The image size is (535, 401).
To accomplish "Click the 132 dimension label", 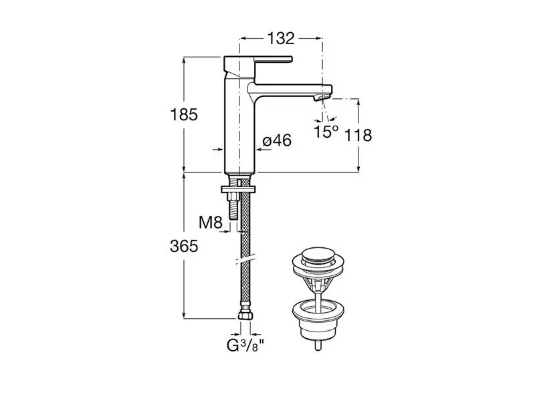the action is click(x=280, y=39).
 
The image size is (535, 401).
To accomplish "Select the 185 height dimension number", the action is click(x=184, y=114).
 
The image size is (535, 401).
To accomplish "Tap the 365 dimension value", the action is click(x=184, y=246).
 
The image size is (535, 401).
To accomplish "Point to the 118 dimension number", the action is click(x=358, y=136).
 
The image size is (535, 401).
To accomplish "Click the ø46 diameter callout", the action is click(x=277, y=140).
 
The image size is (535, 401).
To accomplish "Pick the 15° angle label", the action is click(x=326, y=132).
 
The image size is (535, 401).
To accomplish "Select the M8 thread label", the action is click(x=211, y=223).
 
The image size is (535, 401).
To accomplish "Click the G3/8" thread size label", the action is click(x=245, y=346).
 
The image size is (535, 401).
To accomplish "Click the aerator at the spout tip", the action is click(x=320, y=98).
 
